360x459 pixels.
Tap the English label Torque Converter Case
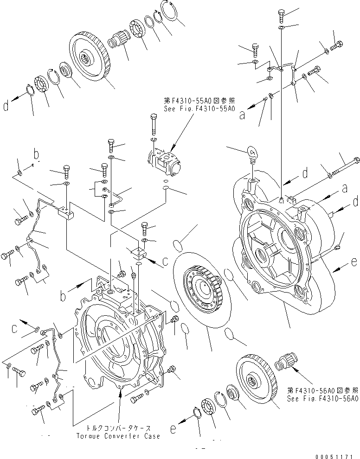click(119, 436)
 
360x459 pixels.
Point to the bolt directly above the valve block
click(154, 126)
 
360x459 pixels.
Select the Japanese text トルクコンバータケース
click(119, 428)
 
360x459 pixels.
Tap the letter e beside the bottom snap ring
click(173, 429)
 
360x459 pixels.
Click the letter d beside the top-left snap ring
click(6, 107)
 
